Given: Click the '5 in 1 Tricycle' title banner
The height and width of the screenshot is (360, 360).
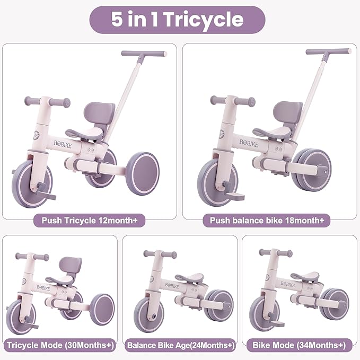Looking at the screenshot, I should coord(177,20).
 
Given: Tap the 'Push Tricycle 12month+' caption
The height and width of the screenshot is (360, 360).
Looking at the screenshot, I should coord(88,220).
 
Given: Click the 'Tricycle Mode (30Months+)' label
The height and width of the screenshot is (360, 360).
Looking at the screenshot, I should coord(60,346).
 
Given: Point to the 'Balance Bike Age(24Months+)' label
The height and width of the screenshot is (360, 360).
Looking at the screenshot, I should coord(180,346).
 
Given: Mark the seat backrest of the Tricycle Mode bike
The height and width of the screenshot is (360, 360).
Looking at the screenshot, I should coord(71,264).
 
